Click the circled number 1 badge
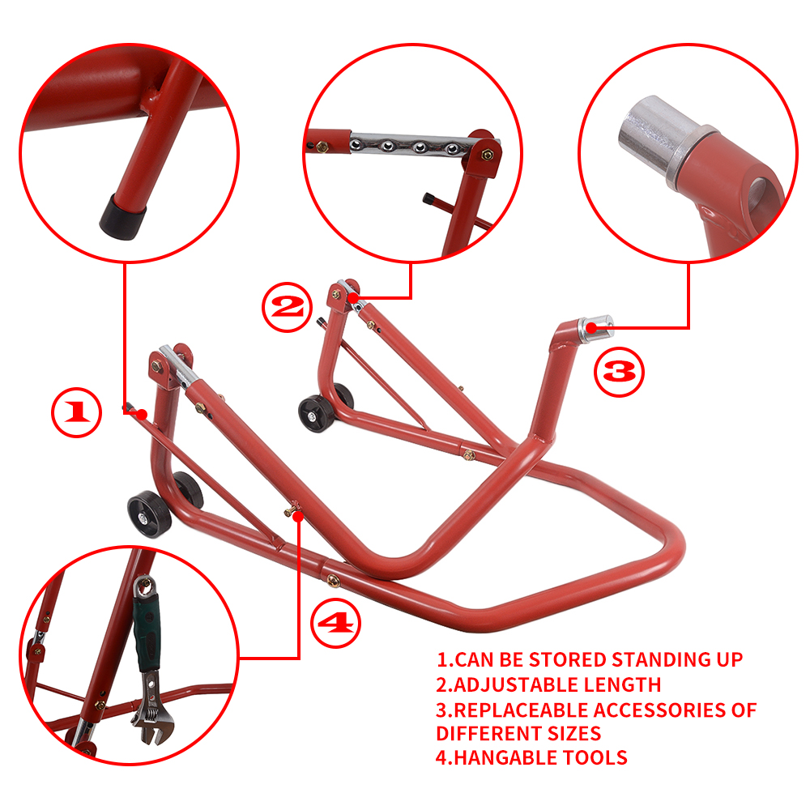[76, 413]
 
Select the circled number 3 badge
[620, 373]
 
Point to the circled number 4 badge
[335, 623]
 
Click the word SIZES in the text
[573, 734]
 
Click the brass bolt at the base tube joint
[333, 580]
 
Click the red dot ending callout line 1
[143, 414]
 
